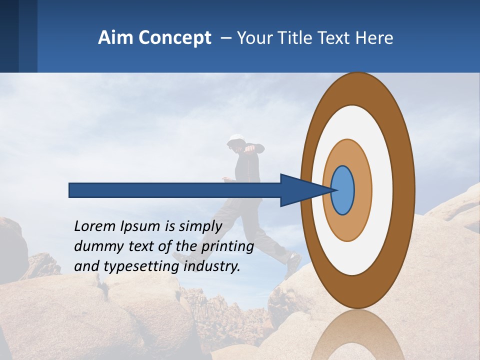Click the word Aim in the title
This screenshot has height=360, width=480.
pos(114,38)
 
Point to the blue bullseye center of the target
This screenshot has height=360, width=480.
pos(342,190)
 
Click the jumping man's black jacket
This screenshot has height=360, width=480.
pos(250,170)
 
